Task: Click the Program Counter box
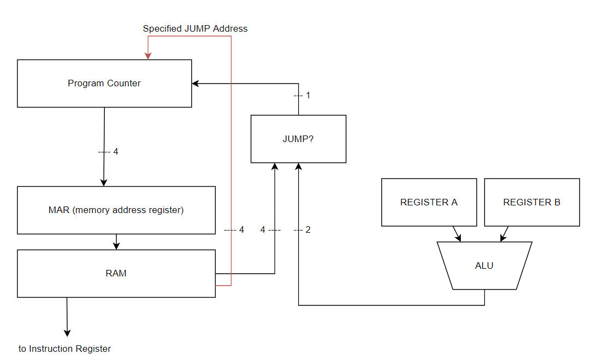point(104,84)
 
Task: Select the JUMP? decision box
point(298,139)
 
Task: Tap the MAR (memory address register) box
point(116,210)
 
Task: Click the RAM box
point(116,274)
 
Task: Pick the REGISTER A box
point(429,202)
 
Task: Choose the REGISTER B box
point(531,202)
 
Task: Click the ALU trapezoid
point(484,265)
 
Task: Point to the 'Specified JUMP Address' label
point(195,28)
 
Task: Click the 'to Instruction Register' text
point(64,349)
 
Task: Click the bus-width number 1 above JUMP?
point(308,96)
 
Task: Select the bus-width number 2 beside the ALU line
point(308,230)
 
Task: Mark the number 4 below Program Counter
point(116,152)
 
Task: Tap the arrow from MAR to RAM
point(116,242)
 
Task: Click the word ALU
point(484,265)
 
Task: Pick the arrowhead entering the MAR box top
point(104,183)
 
